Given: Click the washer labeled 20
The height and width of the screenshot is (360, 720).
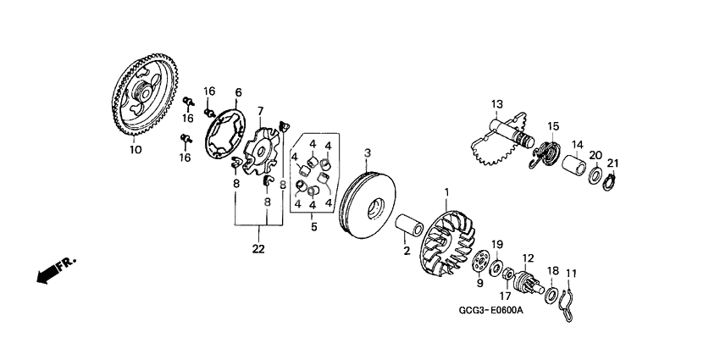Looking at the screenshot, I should click(x=595, y=176).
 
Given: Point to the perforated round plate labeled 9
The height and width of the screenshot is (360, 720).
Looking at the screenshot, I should click(x=482, y=263).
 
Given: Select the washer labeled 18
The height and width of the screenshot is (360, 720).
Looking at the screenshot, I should click(x=551, y=294).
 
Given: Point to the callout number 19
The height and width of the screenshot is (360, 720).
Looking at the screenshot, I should click(x=498, y=244).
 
